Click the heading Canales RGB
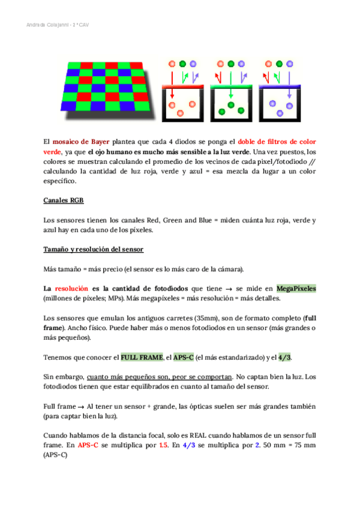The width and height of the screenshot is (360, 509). coord(63,200)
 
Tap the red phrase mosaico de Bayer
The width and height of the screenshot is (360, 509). coord(79,142)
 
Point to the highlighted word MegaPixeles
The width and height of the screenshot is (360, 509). coord(296,288)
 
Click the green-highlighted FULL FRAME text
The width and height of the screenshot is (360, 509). coord(142,357)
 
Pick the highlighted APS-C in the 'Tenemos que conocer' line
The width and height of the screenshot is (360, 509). coord(183,357)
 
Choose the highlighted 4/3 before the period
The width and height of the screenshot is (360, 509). coord(286,357)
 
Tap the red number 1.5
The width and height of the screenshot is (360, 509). coord(163,445)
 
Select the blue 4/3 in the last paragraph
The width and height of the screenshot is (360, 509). coord(188,445)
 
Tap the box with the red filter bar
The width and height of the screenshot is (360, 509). coord(184,102)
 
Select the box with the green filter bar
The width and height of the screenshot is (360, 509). coord(232,102)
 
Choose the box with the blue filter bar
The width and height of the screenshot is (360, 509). coord(279,102)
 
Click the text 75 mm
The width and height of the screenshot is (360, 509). coord(304,445)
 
